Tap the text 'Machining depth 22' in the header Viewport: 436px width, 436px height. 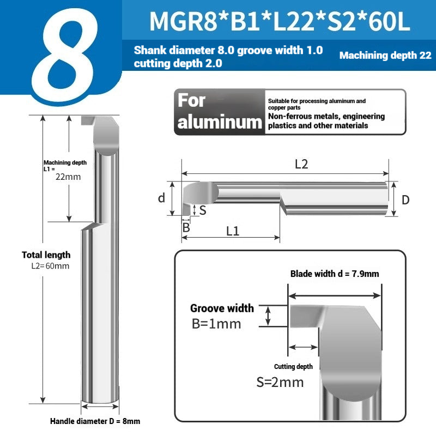point(385,56)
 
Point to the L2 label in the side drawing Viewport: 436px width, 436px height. point(301,164)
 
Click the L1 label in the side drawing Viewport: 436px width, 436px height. point(233,231)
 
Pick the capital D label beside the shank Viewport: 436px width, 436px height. point(405,200)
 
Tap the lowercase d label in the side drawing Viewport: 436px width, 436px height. point(161,198)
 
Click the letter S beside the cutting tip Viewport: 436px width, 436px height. point(202,210)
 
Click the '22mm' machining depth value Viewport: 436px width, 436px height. point(68,177)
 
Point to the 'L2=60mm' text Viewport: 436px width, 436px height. point(50,266)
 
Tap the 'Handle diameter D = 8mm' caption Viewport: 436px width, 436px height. point(95,421)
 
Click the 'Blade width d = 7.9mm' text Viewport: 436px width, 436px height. point(334,274)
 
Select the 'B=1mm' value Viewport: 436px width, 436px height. point(216,324)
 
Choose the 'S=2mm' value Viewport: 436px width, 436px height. point(280,382)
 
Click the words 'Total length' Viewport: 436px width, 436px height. point(46,255)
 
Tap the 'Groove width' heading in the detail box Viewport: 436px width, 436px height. point(222,308)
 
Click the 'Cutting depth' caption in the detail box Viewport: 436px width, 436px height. point(293,367)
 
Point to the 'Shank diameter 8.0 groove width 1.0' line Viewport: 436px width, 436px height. point(228,51)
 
